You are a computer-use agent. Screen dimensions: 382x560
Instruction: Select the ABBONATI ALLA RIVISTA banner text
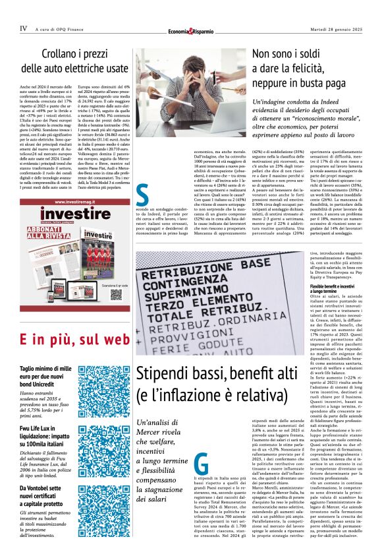[x=50, y=235]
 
